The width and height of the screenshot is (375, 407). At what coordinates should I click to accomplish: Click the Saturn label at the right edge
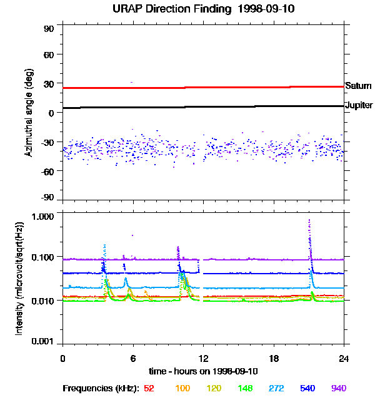(359, 85)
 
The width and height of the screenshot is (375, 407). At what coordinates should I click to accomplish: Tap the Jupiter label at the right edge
(359, 105)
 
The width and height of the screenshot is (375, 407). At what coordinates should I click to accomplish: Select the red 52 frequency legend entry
(149, 388)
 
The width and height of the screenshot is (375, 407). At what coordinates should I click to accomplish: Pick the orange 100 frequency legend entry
(182, 388)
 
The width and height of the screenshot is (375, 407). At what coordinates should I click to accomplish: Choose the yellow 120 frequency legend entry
(214, 388)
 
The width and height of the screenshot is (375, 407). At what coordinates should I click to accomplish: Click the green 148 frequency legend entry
(246, 388)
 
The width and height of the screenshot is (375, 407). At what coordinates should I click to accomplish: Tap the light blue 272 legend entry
(277, 388)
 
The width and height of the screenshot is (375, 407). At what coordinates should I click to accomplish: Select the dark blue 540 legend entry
(308, 388)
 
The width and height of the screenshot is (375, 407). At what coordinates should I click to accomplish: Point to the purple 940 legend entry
(339, 388)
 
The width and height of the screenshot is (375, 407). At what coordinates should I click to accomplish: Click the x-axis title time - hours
(202, 371)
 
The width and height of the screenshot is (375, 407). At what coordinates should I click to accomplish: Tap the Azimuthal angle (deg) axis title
(28, 113)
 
